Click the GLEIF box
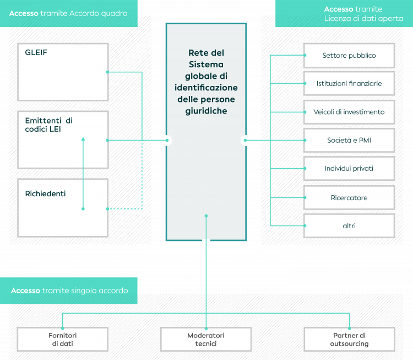tap(63, 72)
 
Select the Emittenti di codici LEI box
tap(63, 139)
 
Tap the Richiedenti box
tap(63, 207)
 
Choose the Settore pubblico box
tap(349, 56)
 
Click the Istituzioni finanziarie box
tap(349, 84)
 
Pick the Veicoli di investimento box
tap(349, 112)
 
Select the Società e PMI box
tap(349, 141)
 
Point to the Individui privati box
tap(349, 169)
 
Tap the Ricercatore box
tap(349, 197)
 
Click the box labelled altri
tap(349, 226)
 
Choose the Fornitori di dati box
tap(62, 339)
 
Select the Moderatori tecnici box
tap(206, 339)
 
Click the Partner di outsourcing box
tap(349, 339)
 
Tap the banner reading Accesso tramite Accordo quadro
tap(68, 13)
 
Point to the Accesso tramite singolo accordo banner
tap(69, 291)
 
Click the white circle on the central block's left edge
tap(167, 140)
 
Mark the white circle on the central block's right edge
tap(246, 140)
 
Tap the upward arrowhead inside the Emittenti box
tap(83, 139)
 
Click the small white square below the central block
tap(206, 241)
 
